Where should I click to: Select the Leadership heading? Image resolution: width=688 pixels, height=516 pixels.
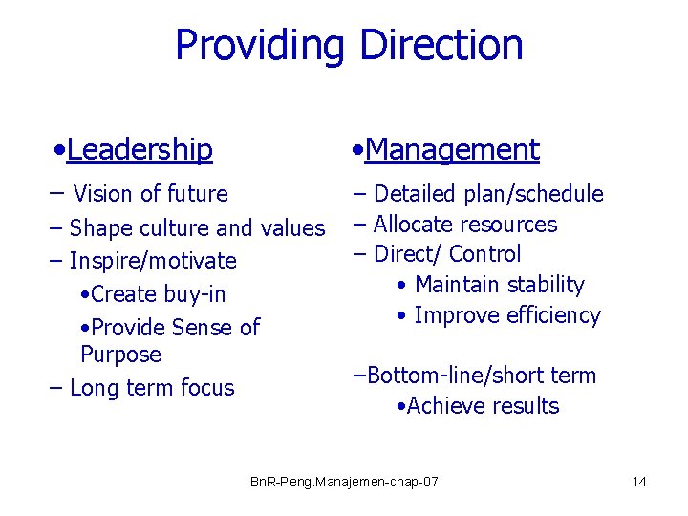tap(140, 149)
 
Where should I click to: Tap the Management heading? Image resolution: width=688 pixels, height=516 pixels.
tap(451, 149)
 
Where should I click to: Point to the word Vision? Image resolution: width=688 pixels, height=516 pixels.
tap(103, 194)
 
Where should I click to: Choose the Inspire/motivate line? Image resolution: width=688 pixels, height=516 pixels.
tap(153, 261)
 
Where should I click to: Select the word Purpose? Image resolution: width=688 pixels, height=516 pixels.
tap(120, 355)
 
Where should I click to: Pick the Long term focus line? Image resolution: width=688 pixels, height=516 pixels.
tap(151, 388)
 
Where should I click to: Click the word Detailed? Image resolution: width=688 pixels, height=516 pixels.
tap(415, 194)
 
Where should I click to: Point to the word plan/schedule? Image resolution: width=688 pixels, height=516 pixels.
tap(533, 194)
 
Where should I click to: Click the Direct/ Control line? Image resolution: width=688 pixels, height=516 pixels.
tap(446, 254)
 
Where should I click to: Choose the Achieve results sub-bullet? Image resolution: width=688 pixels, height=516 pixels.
tap(482, 406)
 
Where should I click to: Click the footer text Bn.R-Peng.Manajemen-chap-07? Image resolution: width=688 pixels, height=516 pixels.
tap(344, 482)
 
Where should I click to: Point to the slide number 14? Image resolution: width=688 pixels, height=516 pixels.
tap(639, 482)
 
